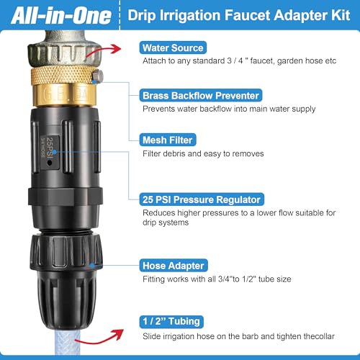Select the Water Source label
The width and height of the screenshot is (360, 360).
point(173,48)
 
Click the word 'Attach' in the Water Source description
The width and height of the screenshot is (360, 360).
point(153,61)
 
